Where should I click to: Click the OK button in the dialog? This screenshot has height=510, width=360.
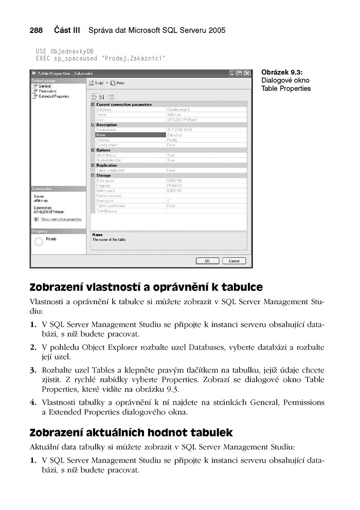pos(207,261)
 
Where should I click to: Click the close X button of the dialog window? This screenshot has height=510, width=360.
pos(247,74)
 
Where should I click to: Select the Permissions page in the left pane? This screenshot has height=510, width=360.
pos(47,91)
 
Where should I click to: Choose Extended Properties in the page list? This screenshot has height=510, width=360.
pos(53,96)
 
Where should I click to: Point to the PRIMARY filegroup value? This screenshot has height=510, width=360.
pos(175,186)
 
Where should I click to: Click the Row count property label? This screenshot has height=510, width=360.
pos(104,201)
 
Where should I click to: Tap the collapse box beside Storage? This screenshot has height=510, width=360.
pos(93,175)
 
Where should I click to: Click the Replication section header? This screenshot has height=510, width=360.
pos(107,165)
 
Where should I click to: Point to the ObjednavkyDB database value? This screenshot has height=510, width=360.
pos(179,110)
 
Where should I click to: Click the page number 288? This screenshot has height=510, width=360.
pos(36,30)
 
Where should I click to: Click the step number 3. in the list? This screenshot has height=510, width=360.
pos(33,370)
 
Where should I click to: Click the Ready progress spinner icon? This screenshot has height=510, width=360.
pos(39,241)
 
